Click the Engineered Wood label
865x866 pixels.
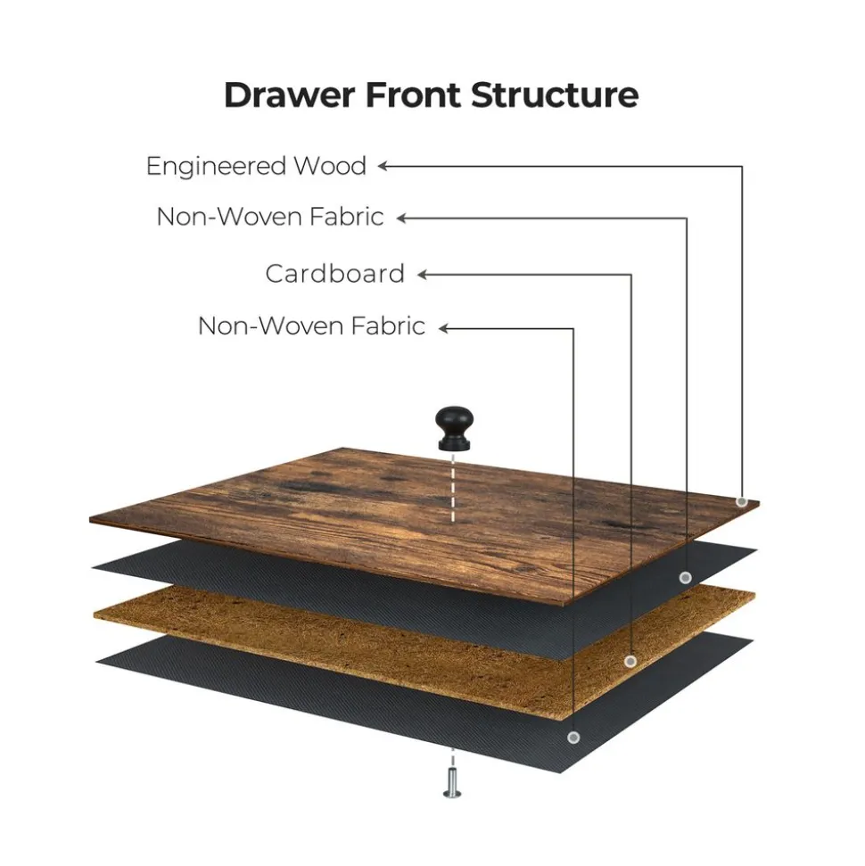point(256,166)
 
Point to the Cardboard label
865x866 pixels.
point(334,274)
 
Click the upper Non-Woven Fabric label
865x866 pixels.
point(270,217)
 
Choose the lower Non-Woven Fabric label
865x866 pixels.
point(311,326)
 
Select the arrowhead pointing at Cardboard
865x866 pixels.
point(423,275)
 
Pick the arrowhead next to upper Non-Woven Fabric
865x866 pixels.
point(401,218)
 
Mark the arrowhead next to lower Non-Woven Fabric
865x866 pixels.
point(443,328)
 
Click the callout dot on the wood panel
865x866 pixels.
point(741,502)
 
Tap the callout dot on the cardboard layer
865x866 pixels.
point(630,661)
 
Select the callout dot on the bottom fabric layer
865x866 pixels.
point(573,738)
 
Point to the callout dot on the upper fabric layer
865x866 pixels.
point(685,578)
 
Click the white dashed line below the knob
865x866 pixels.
point(452,488)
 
